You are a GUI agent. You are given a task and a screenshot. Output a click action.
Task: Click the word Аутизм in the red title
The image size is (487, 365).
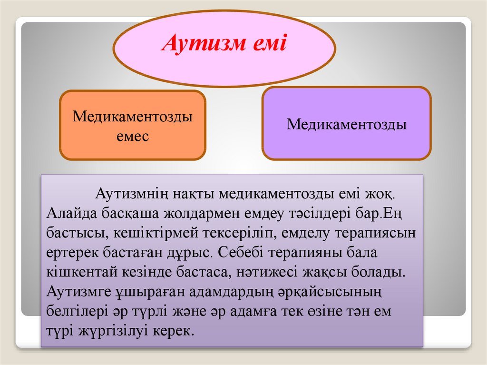[204, 43]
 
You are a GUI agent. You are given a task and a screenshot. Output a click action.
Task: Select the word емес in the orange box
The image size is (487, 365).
[133, 137]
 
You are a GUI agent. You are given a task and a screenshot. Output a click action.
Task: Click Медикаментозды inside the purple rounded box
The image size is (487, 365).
[347, 124]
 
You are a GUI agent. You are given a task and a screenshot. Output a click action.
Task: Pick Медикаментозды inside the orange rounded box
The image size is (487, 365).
[133, 117]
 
